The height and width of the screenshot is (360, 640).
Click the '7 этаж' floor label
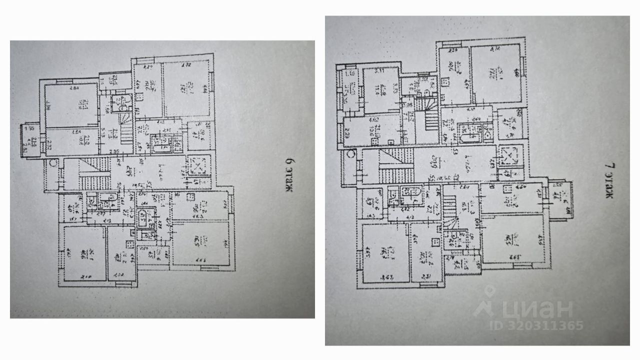(608, 180)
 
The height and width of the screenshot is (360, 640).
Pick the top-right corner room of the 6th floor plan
(187, 90)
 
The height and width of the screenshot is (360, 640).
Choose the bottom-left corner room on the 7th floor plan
(384, 252)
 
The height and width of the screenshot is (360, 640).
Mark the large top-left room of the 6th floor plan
(71, 105)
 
